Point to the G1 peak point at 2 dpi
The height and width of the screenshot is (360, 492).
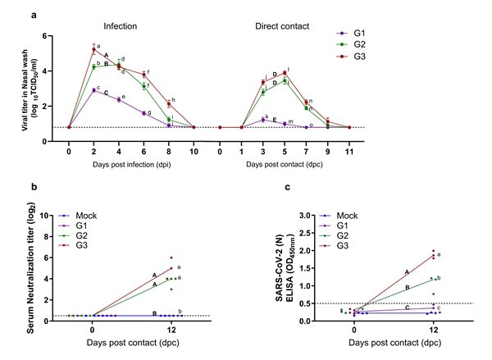93,91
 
